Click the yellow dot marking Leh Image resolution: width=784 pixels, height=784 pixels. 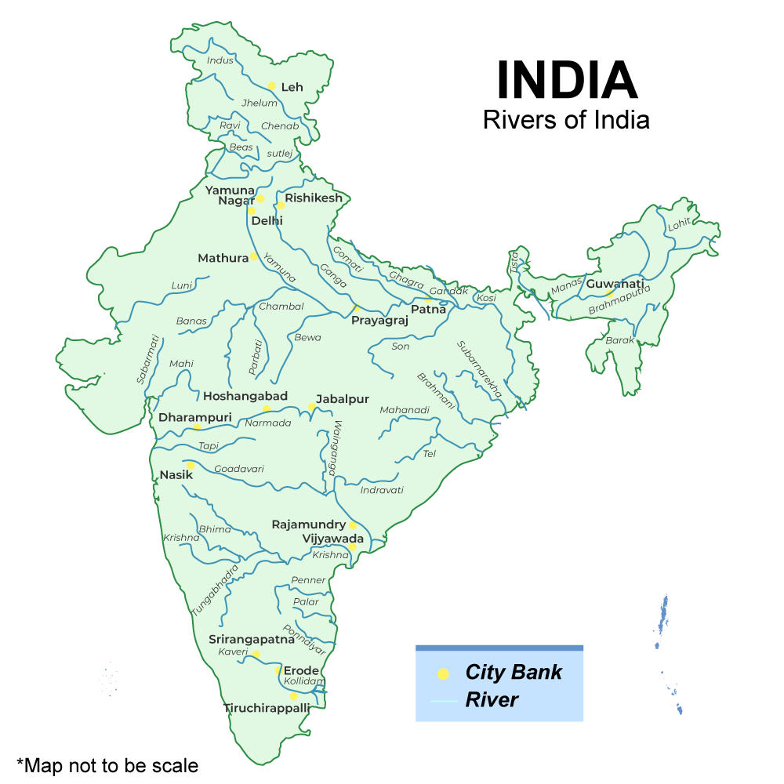point(271,86)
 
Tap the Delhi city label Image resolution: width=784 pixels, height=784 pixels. point(267,221)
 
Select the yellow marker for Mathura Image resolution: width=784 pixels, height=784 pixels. point(254,257)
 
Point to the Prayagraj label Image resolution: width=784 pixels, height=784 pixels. point(379,321)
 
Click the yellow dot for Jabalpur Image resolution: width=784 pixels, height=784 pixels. point(311,407)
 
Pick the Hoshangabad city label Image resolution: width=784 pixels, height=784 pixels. point(245,396)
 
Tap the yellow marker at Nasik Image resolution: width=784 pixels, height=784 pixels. point(191,466)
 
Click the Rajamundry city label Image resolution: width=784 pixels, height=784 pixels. point(309,524)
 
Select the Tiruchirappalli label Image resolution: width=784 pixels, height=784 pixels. point(267,708)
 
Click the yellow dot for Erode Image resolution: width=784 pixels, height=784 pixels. point(278,671)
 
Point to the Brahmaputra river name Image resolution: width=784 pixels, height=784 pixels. point(619,301)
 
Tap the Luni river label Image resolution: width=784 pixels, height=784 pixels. point(182,285)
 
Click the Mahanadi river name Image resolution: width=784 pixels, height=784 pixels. point(405,410)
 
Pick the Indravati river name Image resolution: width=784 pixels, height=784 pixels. point(382,490)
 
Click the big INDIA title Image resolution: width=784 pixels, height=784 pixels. point(566,80)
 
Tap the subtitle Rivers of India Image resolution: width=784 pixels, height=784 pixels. point(566,120)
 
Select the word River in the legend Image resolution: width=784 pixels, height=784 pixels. point(492,699)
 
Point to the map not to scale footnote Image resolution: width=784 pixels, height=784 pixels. point(107,764)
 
